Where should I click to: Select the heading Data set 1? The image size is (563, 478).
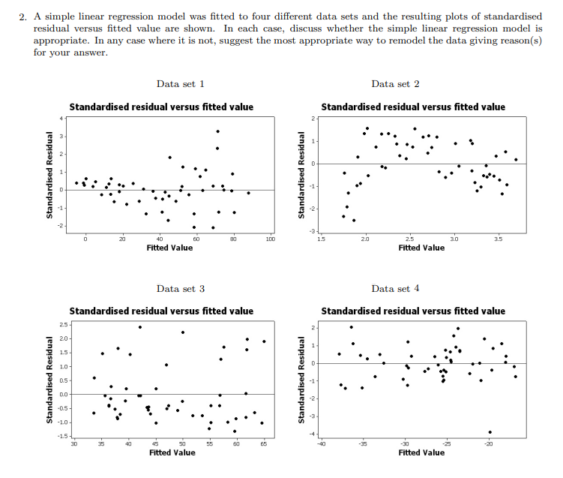(x=181, y=84)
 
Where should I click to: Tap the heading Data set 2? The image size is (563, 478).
(x=395, y=84)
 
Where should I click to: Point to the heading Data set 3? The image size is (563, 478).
(x=181, y=288)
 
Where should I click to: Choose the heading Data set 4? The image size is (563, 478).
(x=395, y=288)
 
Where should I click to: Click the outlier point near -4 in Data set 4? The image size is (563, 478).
(x=490, y=431)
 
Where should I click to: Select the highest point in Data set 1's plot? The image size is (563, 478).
(x=217, y=131)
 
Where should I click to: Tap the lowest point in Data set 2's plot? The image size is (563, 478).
(x=354, y=220)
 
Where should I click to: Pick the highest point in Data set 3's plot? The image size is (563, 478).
(x=139, y=326)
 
